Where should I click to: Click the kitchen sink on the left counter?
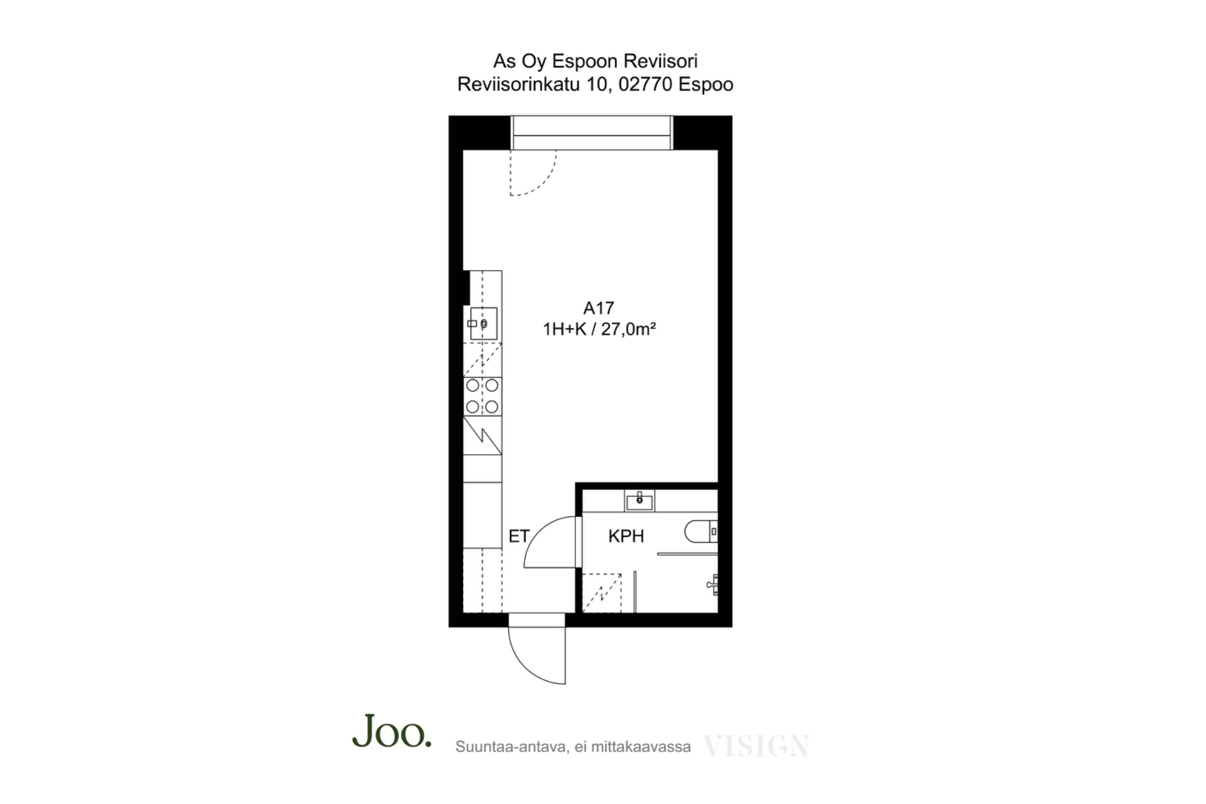click(x=484, y=323)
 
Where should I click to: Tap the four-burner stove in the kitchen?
click(x=482, y=396)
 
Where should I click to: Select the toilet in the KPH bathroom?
click(x=700, y=531)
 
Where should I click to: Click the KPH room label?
click(x=626, y=536)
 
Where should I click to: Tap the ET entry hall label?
click(x=519, y=536)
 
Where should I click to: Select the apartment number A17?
click(x=599, y=308)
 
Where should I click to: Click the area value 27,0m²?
click(x=629, y=329)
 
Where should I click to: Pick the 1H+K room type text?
click(x=565, y=329)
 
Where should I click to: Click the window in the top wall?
click(x=592, y=133)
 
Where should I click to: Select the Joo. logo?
click(x=392, y=731)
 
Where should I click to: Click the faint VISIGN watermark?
click(x=756, y=746)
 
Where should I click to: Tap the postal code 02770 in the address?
click(x=646, y=84)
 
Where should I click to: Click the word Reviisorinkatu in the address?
click(x=518, y=84)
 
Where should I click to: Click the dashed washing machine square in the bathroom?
click(x=602, y=593)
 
